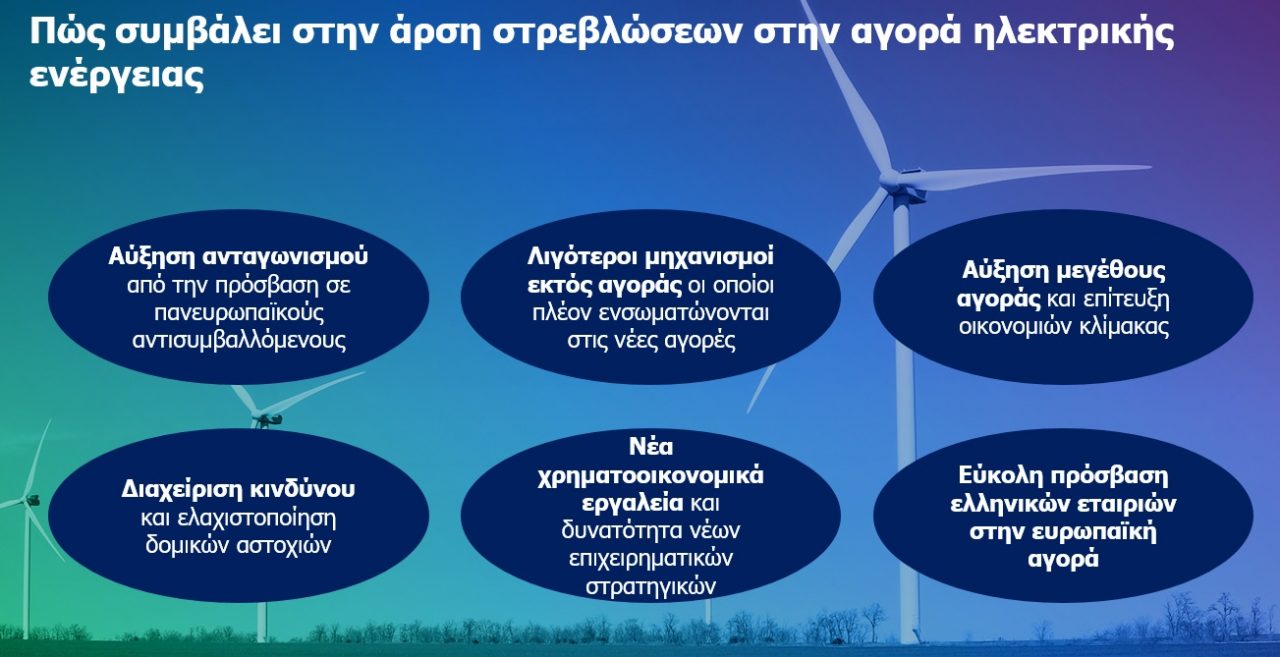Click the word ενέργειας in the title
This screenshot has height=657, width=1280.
117,76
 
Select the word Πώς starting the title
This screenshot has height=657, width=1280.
66,31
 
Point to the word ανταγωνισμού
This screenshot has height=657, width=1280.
286,258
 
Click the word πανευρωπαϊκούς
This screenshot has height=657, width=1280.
239,313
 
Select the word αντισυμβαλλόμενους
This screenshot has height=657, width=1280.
239,340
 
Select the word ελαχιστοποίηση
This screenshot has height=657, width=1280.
257,518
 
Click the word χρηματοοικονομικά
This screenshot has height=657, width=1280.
650,476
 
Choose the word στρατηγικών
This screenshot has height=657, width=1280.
650,587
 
